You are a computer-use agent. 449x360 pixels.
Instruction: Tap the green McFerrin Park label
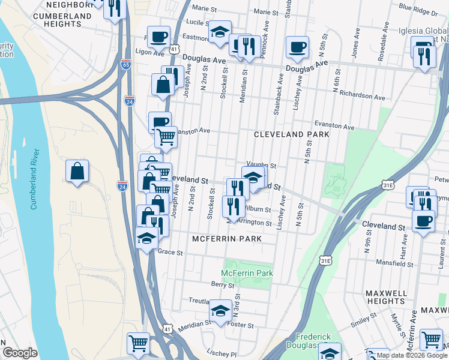247,273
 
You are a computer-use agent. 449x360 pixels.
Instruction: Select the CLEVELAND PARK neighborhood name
291,134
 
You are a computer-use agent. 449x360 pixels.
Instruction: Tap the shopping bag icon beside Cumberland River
77,172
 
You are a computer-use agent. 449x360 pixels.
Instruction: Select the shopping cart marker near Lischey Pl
138,344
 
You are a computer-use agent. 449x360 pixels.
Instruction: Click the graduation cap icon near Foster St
220,311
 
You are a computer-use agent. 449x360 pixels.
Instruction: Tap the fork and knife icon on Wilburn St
234,206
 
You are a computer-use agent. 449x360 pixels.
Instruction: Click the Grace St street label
170,253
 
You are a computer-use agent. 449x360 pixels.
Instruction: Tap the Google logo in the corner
20,353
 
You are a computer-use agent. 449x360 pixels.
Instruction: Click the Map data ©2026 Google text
412,355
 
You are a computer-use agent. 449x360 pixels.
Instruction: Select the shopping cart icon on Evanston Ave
166,137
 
